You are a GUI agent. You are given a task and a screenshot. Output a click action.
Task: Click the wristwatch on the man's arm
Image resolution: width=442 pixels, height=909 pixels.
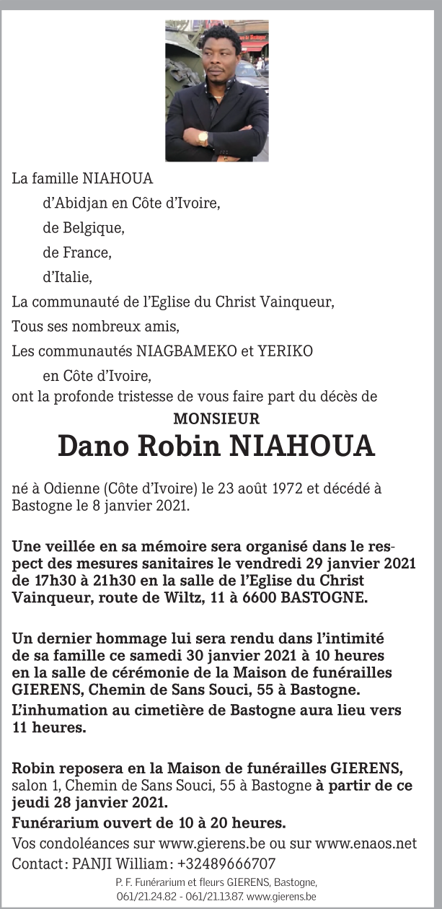pos(203,136)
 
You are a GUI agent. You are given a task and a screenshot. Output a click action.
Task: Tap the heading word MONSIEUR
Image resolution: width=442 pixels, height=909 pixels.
pos(216,418)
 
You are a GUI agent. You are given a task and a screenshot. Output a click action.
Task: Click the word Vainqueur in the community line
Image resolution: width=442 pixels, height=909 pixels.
pos(298,302)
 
